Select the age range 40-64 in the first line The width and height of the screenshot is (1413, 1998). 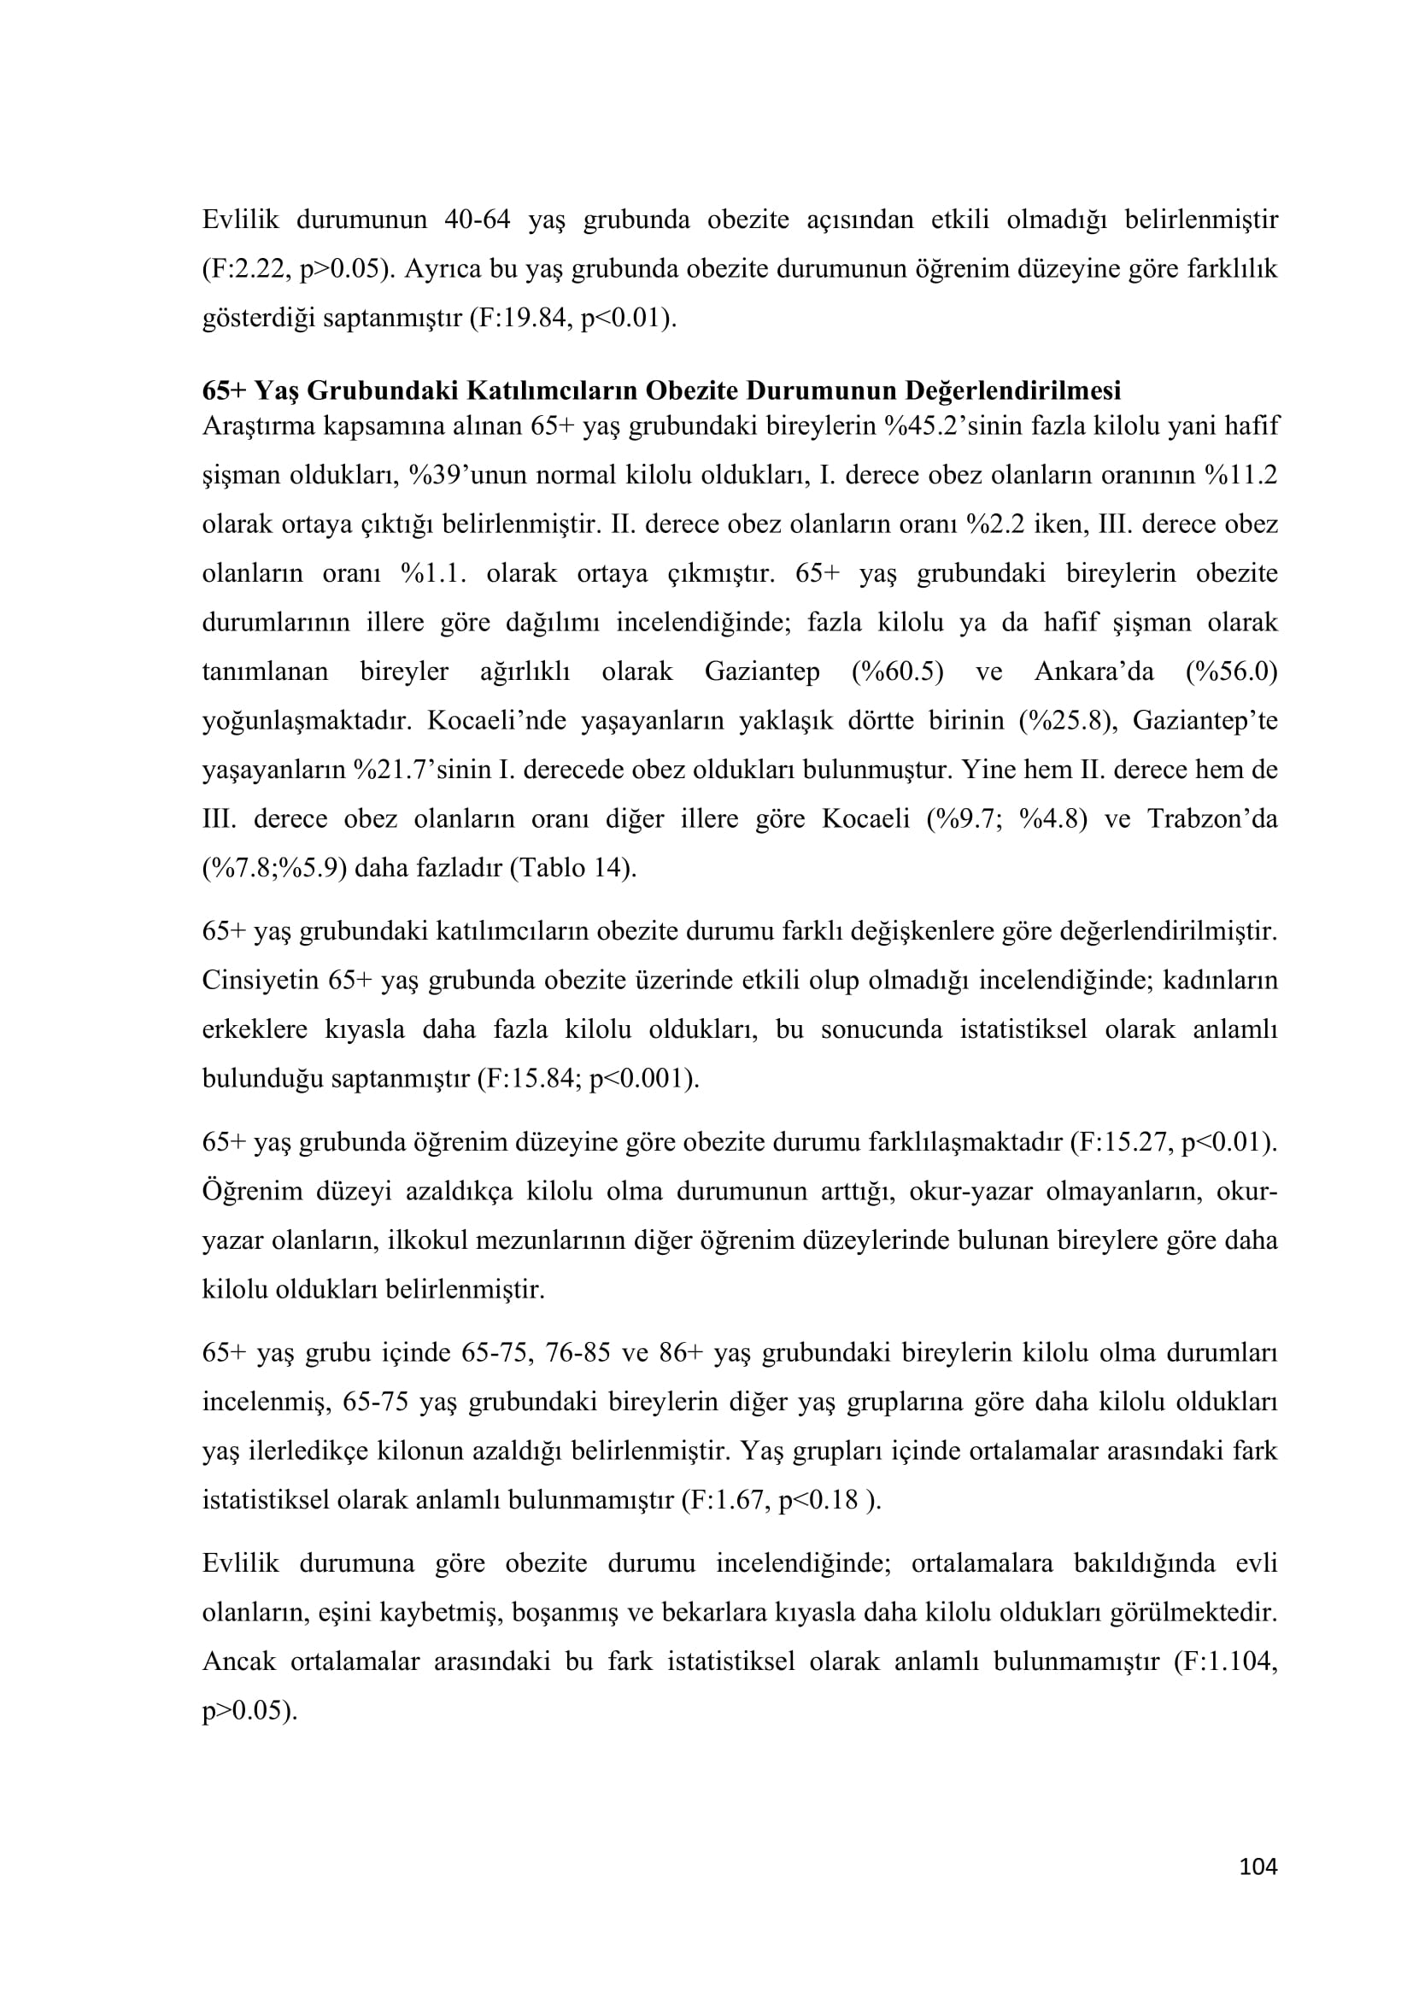[x=477, y=220]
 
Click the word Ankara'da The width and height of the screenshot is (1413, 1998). [x=1093, y=671]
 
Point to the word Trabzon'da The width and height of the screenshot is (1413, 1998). [x=1212, y=819]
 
